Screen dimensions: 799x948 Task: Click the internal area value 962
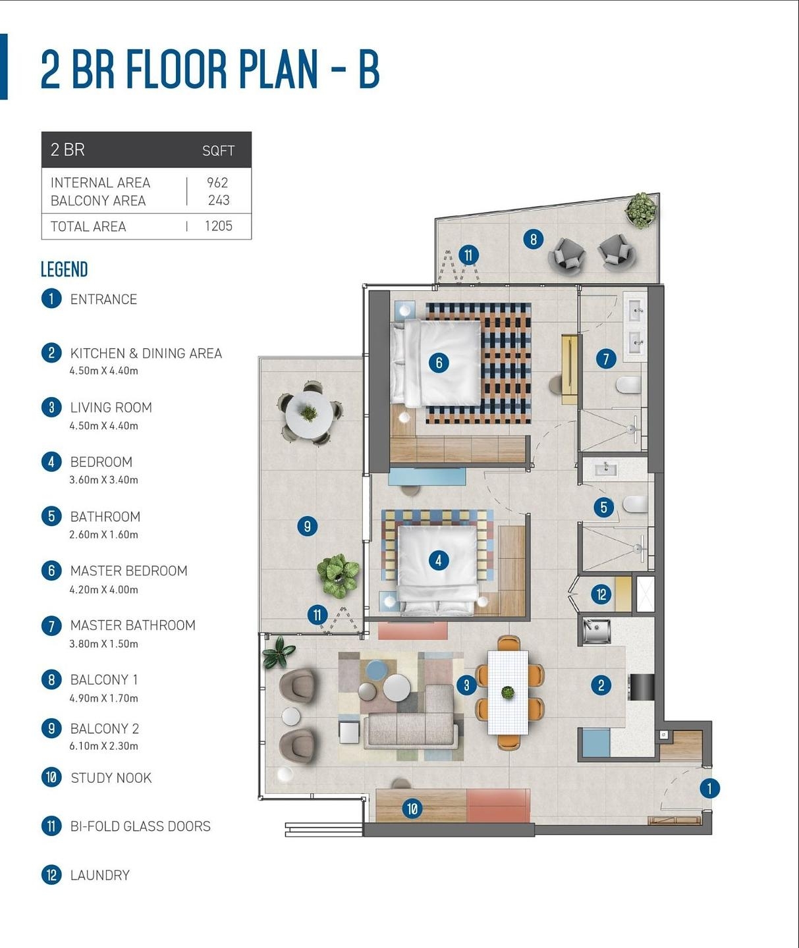pyautogui.click(x=217, y=182)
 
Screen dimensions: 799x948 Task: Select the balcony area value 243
pyautogui.click(x=219, y=200)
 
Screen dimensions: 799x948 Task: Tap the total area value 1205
pyautogui.click(x=219, y=226)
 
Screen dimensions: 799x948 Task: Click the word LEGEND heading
pyautogui.click(x=64, y=269)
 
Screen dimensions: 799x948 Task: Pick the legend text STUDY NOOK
pyautogui.click(x=111, y=777)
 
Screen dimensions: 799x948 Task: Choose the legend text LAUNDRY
pyautogui.click(x=100, y=875)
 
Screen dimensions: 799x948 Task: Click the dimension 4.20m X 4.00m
pyautogui.click(x=103, y=590)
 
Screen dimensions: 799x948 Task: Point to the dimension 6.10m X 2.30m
pyautogui.click(x=103, y=746)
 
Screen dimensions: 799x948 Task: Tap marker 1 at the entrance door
pyautogui.click(x=709, y=789)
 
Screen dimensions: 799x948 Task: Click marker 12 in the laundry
pyautogui.click(x=601, y=594)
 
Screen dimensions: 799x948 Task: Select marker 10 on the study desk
pyautogui.click(x=412, y=808)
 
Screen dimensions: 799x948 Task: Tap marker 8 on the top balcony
pyautogui.click(x=534, y=239)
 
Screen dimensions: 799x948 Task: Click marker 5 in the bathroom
pyautogui.click(x=603, y=507)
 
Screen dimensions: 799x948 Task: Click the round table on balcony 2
pyautogui.click(x=309, y=414)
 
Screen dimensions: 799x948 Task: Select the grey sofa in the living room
pyautogui.click(x=411, y=719)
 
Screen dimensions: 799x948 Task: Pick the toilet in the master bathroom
pyautogui.click(x=628, y=386)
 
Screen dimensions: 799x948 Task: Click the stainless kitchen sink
pyautogui.click(x=597, y=631)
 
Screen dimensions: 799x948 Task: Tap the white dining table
pyautogui.click(x=508, y=693)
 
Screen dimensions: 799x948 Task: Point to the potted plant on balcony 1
pyautogui.click(x=641, y=210)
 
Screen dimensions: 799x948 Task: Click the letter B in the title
pyautogui.click(x=369, y=70)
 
